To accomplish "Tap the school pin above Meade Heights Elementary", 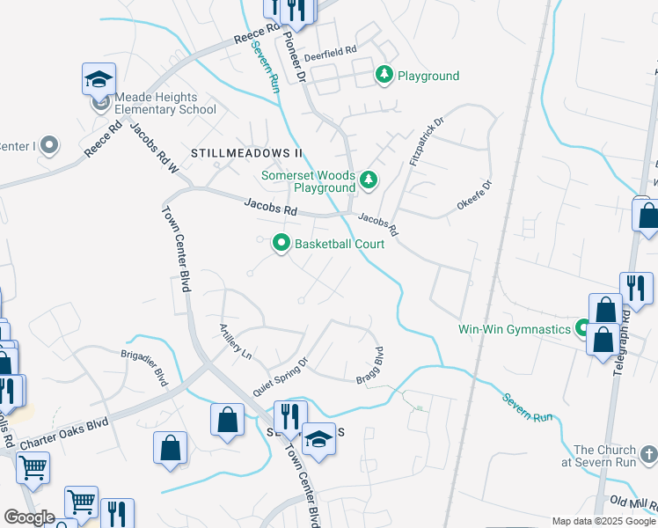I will [x=99, y=79].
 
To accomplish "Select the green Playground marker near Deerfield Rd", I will [x=384, y=76].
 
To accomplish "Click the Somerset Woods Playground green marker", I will [x=369, y=181].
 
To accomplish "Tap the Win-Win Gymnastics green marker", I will [x=581, y=330].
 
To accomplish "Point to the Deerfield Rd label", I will [x=330, y=54].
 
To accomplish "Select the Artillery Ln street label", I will [x=236, y=342].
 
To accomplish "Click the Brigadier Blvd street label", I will [x=144, y=365].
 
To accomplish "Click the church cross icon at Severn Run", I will [x=647, y=455].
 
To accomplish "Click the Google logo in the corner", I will [x=29, y=517].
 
